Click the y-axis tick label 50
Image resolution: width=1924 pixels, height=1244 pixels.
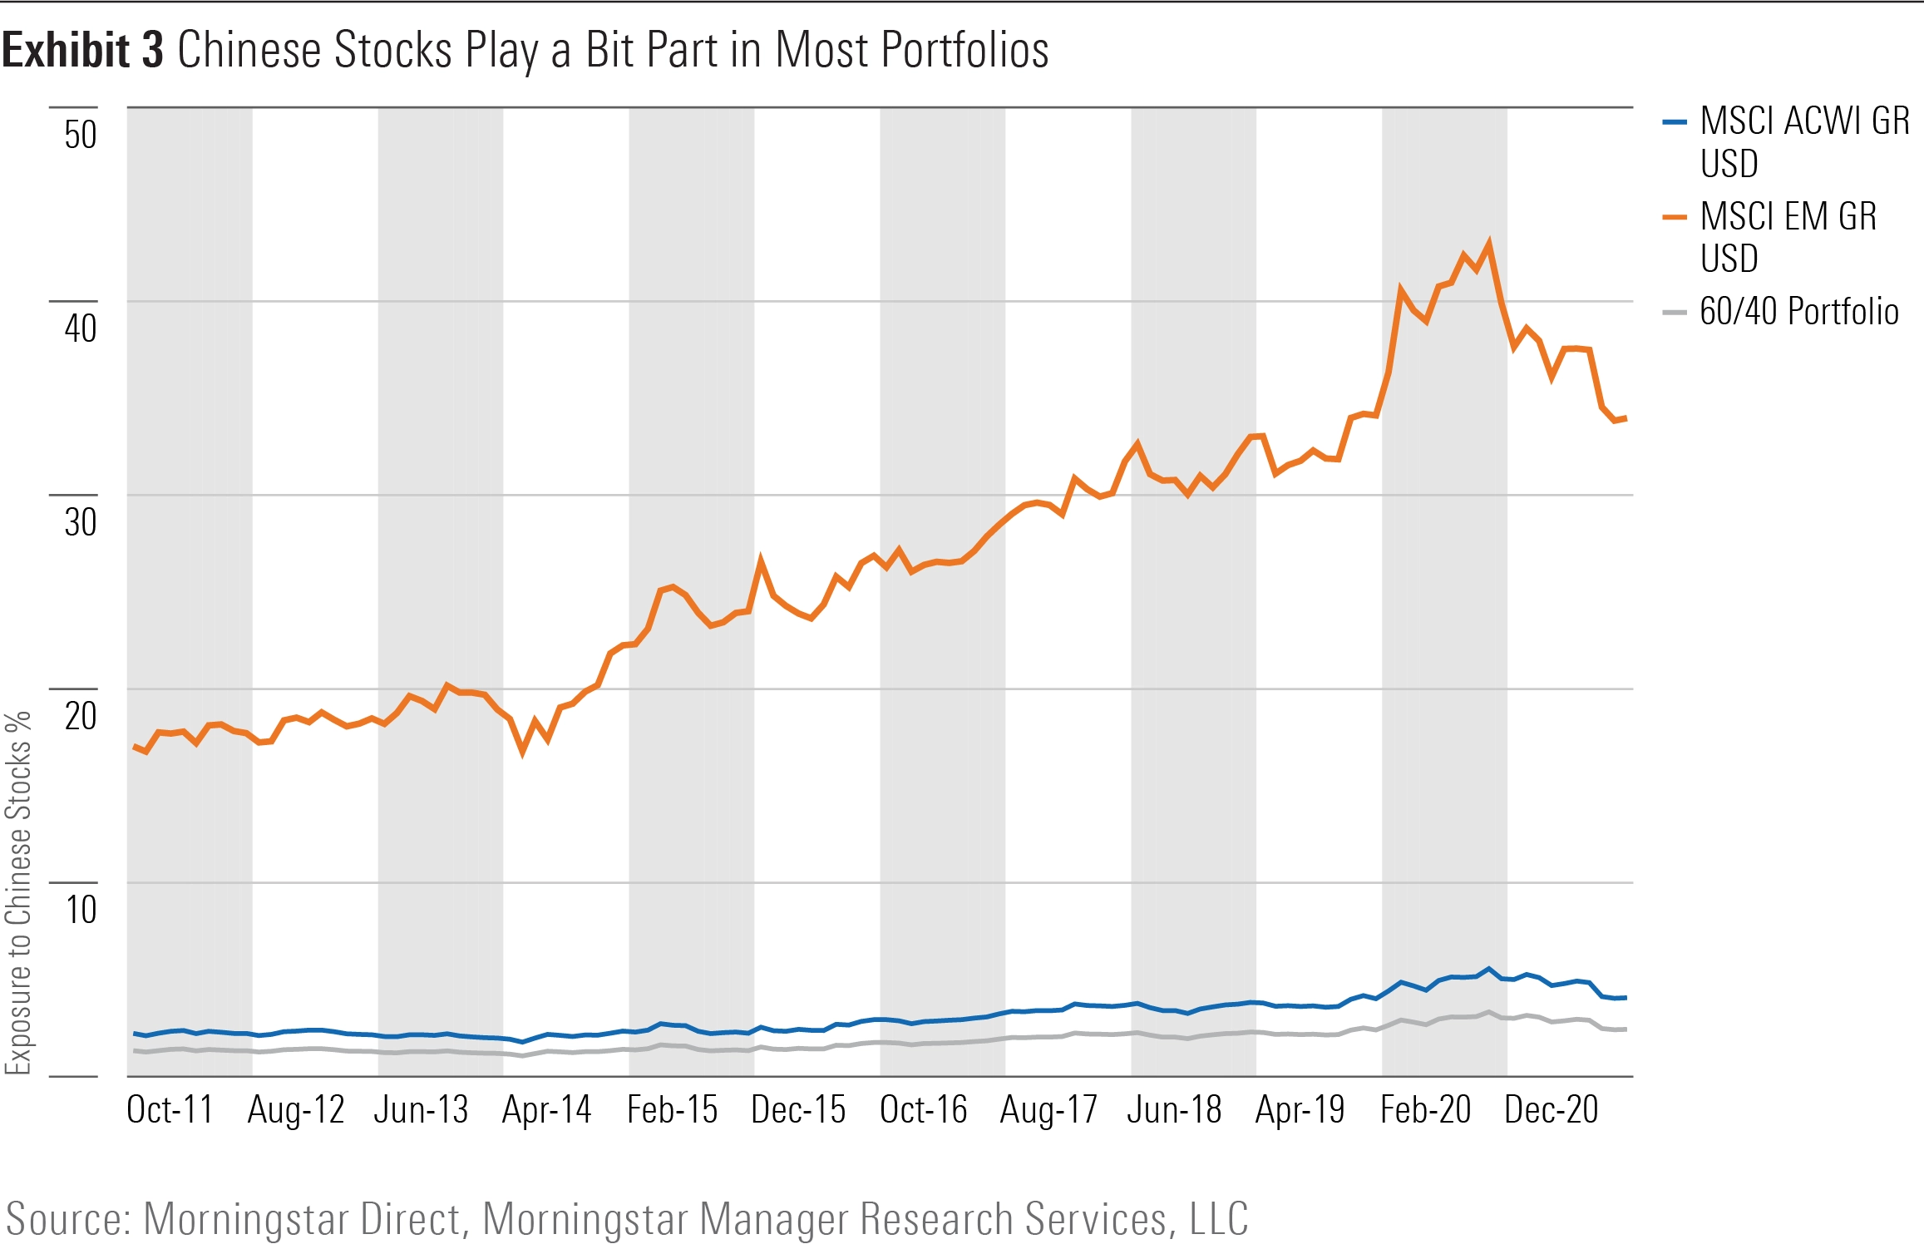(x=81, y=135)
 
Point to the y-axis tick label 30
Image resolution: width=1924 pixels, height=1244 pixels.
(x=81, y=522)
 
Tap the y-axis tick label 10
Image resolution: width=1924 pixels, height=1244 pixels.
(x=81, y=910)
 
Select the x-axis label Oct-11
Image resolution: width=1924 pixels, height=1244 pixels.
(x=170, y=1110)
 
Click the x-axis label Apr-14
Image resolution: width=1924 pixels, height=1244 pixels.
(x=546, y=1110)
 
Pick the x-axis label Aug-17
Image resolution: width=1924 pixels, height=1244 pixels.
(x=1048, y=1110)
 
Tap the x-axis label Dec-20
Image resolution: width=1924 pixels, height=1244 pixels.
(x=1552, y=1110)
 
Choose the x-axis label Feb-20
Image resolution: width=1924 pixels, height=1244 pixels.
(x=1425, y=1110)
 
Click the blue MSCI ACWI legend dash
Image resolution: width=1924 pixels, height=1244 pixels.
(x=1674, y=122)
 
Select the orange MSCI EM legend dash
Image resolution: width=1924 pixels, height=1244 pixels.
(x=1674, y=218)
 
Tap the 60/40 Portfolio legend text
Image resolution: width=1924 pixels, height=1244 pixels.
(x=1798, y=312)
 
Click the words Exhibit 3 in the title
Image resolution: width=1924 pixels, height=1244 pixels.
(x=83, y=50)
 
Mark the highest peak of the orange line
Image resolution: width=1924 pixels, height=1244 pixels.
(x=1488, y=243)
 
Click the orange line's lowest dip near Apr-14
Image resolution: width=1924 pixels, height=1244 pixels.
(x=522, y=751)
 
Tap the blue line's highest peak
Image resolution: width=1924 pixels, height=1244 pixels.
(x=1488, y=969)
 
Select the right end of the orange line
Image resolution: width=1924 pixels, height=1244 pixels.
(x=1626, y=418)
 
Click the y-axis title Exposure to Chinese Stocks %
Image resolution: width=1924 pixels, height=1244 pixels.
(x=18, y=894)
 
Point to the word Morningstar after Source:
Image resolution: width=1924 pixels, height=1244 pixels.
(x=301, y=1219)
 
